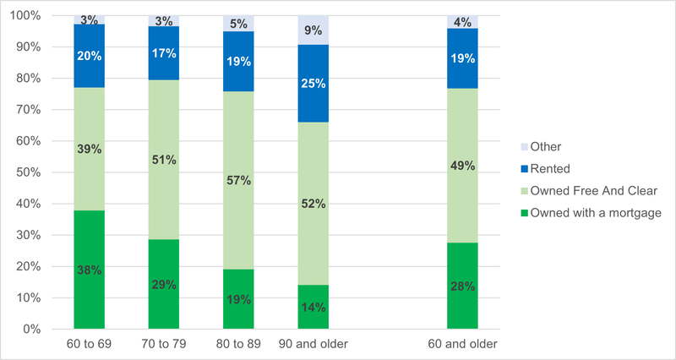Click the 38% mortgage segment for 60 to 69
coord(89,269)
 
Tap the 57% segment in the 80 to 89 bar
coord(238,180)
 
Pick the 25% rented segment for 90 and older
coord(313,84)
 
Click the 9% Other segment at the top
coord(313,30)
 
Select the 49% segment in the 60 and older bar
coord(462,166)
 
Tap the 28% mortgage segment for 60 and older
coord(462,285)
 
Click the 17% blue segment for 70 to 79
coord(164,53)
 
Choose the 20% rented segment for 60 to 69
coord(89,57)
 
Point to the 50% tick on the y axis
coord(28,172)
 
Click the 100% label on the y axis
coord(25,16)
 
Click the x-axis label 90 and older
coord(313,344)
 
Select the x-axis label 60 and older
coord(462,344)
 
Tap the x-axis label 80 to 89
coord(238,344)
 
